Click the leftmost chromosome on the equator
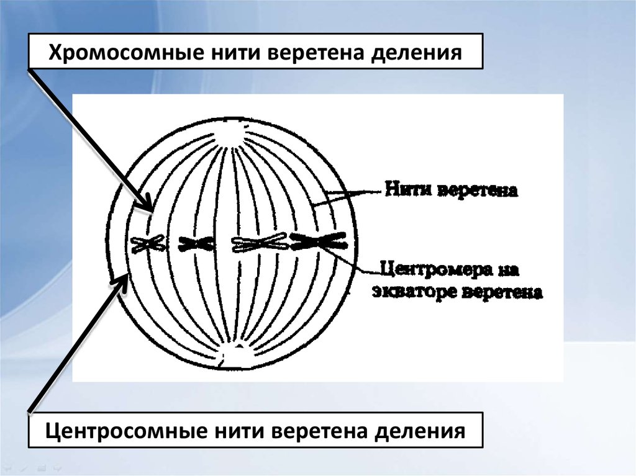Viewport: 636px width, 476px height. [x=148, y=244]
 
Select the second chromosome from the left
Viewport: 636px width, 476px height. [x=196, y=244]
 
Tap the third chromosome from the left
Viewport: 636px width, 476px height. [x=258, y=244]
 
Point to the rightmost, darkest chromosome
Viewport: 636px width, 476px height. [x=319, y=241]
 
